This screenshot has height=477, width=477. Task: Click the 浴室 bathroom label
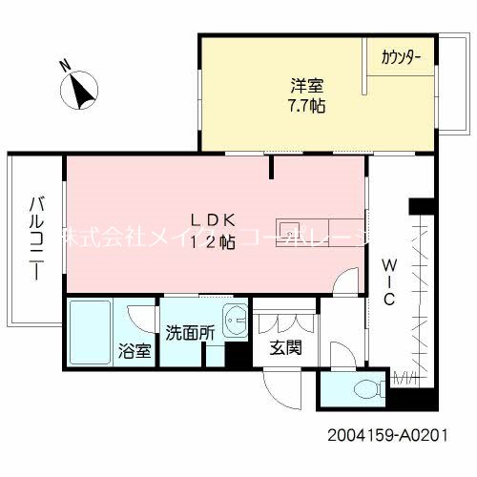pos(134,350)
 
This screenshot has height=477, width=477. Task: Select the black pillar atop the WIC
pos(420,205)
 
